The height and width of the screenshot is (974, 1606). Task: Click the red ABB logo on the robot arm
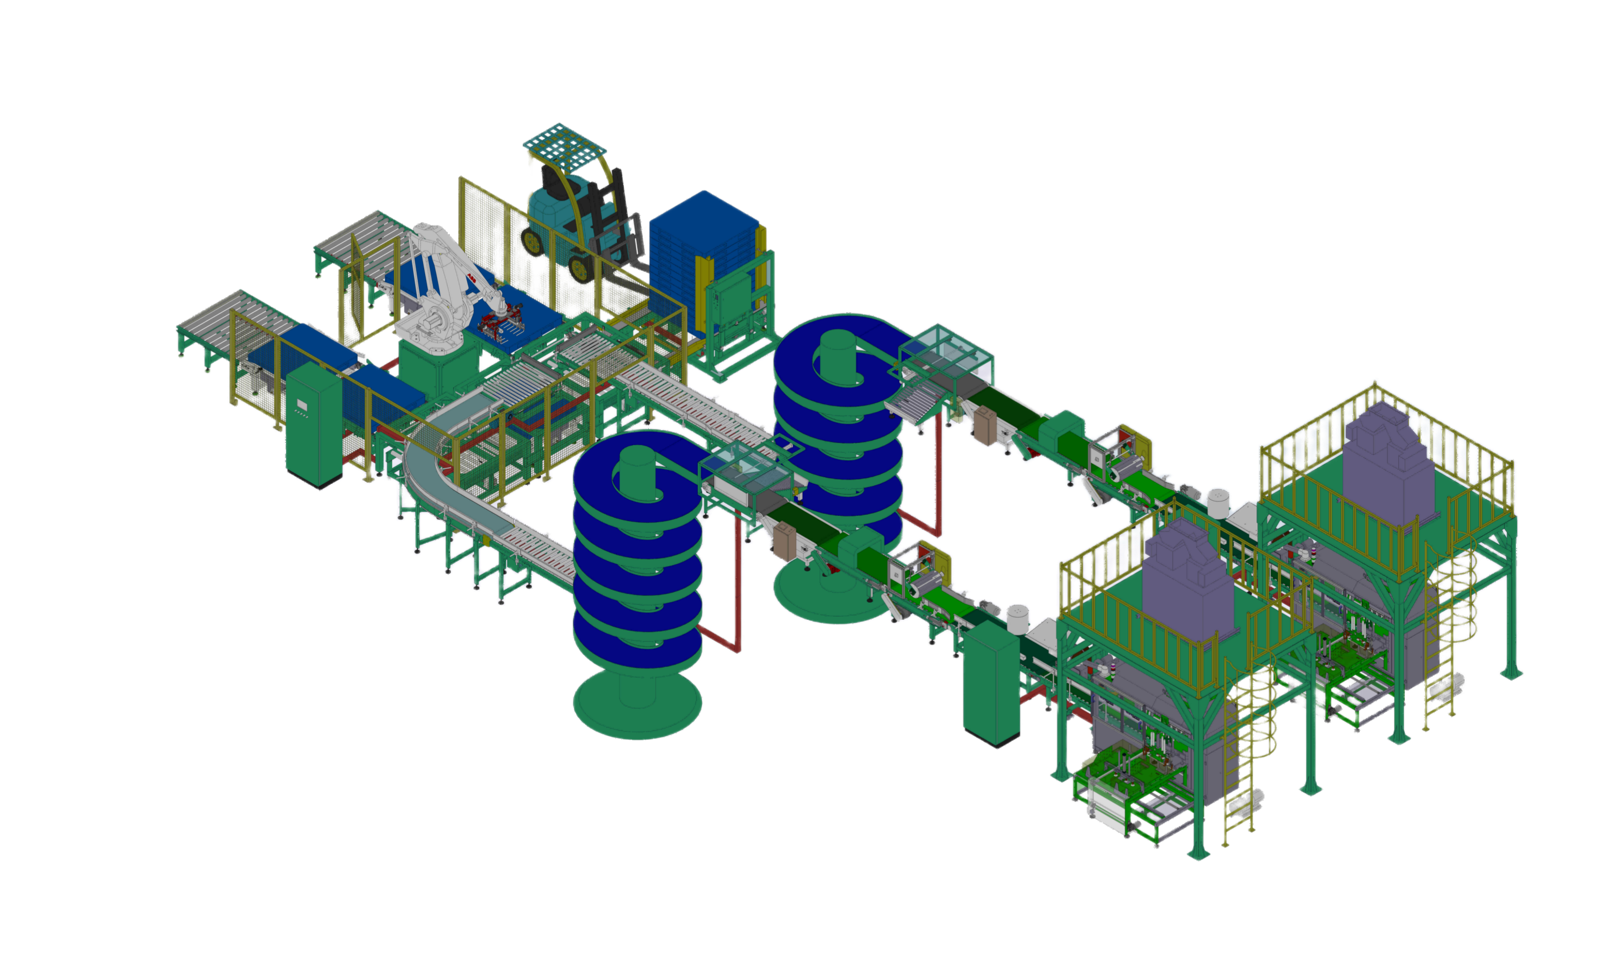(x=471, y=280)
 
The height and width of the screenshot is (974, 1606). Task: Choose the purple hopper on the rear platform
(x=1388, y=456)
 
